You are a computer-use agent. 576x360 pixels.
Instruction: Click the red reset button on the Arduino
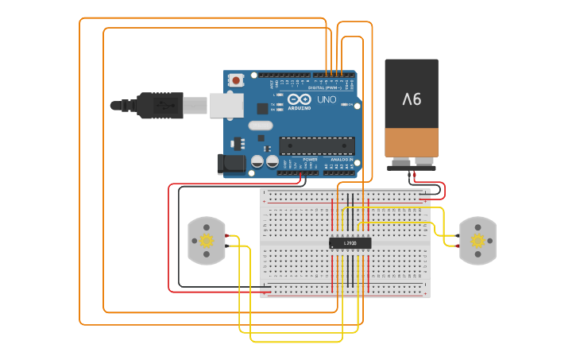[x=236, y=79]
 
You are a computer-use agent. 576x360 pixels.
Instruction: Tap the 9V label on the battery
[x=412, y=99]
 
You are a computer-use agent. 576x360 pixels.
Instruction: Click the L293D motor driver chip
[x=350, y=243]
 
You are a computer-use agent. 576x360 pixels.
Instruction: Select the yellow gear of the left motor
[x=207, y=241]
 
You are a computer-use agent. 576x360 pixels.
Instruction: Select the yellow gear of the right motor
[x=477, y=241]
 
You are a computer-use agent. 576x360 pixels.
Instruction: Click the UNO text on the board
[x=327, y=100]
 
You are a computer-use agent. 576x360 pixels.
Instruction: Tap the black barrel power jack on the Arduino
[x=231, y=164]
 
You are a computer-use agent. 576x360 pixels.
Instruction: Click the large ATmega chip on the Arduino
[x=316, y=145]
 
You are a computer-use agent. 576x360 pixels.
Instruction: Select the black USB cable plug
[x=159, y=105]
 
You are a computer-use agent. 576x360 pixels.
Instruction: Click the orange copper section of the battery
[x=412, y=142]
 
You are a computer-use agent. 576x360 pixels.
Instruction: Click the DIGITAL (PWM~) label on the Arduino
[x=330, y=88]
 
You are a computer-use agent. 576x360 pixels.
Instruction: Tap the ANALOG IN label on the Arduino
[x=342, y=160]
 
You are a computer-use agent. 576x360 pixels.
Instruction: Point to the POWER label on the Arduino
[x=310, y=160]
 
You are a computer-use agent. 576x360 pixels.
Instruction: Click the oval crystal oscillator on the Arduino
[x=260, y=125]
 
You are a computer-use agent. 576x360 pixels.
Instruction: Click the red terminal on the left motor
[x=227, y=236]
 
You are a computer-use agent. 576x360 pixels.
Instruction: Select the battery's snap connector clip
[x=412, y=166]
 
